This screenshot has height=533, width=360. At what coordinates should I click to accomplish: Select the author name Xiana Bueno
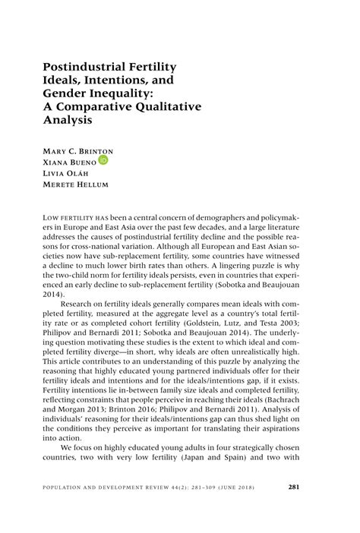point(68,162)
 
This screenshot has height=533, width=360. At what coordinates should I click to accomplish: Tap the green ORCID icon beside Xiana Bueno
point(103,160)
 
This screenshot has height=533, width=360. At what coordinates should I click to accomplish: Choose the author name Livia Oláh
point(67,174)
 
